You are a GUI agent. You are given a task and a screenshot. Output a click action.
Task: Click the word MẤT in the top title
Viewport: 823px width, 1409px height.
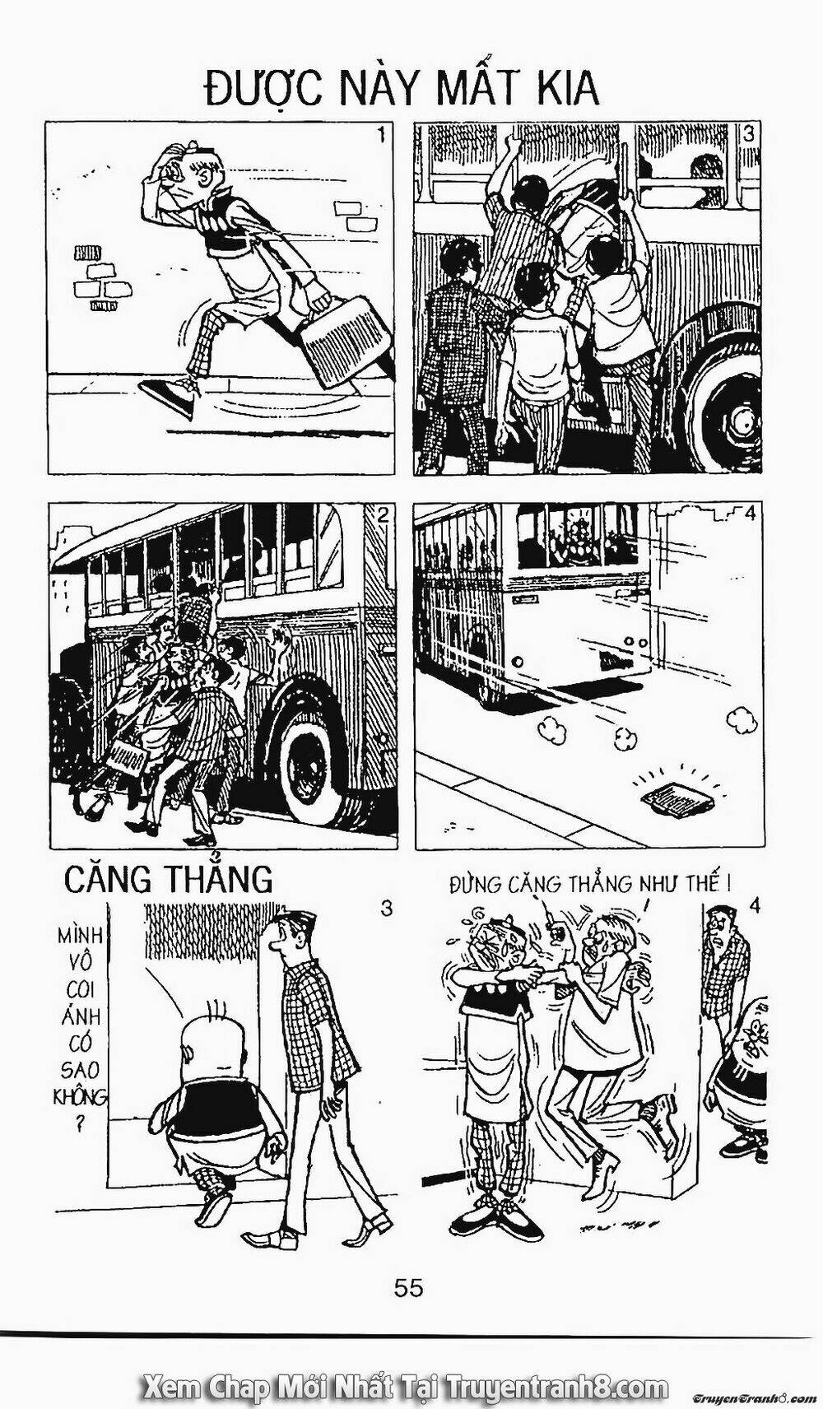pyautogui.click(x=483, y=88)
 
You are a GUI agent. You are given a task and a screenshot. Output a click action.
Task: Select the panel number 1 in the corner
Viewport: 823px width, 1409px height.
pyautogui.click(x=380, y=135)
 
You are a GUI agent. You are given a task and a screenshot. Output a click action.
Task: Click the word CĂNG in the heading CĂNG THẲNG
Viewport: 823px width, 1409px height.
pyautogui.click(x=109, y=880)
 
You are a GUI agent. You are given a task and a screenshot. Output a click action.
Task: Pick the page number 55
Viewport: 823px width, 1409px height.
pyautogui.click(x=409, y=1288)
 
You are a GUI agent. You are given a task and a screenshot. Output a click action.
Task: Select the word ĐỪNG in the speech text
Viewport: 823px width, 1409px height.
pyautogui.click(x=478, y=886)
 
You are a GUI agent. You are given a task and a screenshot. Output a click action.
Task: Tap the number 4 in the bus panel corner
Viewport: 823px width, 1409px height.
pyautogui.click(x=748, y=514)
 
